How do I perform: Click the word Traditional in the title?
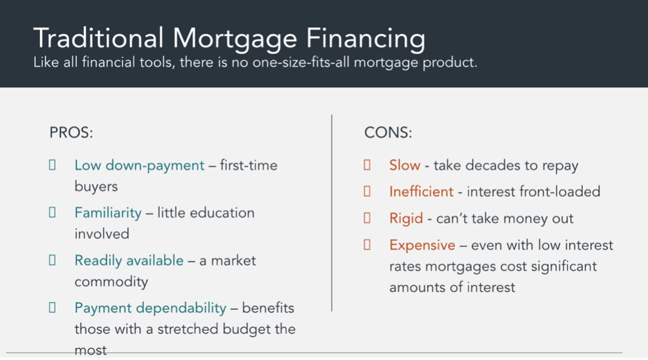(99, 38)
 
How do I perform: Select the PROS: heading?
(71, 133)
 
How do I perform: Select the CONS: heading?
(388, 133)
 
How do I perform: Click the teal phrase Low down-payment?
(140, 166)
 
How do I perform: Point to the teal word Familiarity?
(108, 213)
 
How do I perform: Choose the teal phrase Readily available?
(129, 260)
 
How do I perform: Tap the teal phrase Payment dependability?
(150, 308)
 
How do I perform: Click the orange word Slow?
(405, 166)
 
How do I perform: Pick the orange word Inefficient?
(421, 191)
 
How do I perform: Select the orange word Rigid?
(406, 219)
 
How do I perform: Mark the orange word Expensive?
(422, 246)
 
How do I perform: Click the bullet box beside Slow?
(367, 165)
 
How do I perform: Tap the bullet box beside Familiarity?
(52, 213)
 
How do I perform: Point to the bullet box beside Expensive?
(367, 245)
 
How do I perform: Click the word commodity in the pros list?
(111, 282)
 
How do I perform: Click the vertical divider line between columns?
(332, 213)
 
